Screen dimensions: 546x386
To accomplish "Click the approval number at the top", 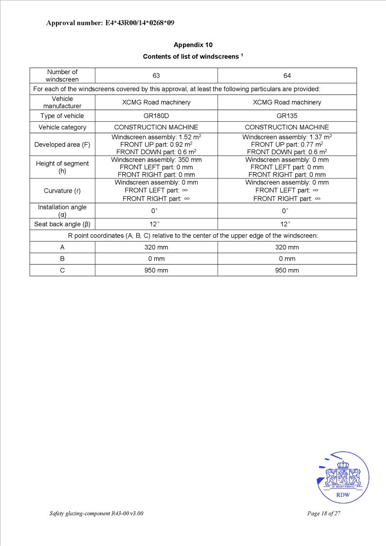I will [x=110, y=23].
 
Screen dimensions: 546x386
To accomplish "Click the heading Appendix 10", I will [x=193, y=45].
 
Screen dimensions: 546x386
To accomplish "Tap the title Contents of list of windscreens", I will [x=193, y=56].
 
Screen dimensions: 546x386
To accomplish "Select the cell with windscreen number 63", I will [x=156, y=76].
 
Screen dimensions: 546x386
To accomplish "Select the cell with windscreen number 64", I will [x=287, y=76].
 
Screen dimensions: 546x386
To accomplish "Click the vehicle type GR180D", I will [x=156, y=116].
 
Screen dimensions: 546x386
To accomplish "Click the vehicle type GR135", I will [x=287, y=116].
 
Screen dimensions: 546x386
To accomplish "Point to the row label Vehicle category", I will [x=62, y=127].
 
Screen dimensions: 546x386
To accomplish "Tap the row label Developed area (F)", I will [x=62, y=145].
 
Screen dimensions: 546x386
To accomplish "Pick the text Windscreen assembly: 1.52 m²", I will [x=156, y=137].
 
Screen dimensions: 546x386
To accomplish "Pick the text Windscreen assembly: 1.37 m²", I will [x=287, y=137].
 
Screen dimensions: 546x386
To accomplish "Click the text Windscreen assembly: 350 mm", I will [x=156, y=160].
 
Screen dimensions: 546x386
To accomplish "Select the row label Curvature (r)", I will [x=62, y=191].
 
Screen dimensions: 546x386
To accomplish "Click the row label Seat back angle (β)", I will [x=62, y=224].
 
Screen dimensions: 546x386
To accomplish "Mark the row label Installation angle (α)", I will [x=62, y=211].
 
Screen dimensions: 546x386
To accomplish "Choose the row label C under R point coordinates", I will [x=62, y=270].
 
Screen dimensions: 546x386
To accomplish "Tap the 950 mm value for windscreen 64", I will [x=287, y=270].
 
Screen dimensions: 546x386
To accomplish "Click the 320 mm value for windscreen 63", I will [x=156, y=247].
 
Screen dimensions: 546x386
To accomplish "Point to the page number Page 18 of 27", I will [x=324, y=513].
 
